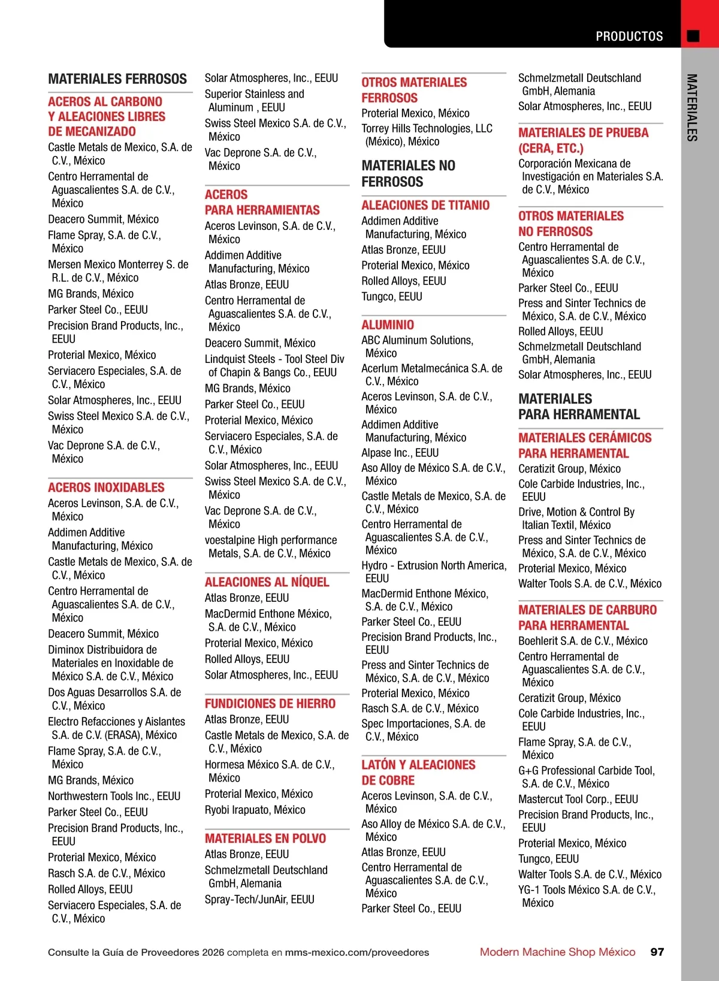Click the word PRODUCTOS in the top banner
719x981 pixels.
coord(629,37)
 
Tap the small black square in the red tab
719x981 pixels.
coord(693,36)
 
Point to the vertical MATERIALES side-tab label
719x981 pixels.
coord(692,108)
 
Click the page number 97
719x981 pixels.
coord(657,952)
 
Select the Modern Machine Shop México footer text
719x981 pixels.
coord(557,952)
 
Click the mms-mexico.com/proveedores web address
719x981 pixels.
coord(357,952)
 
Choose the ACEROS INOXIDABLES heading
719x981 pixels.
coord(106,488)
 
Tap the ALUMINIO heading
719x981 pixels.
coord(388,325)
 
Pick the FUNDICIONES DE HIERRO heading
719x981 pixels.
coord(270,704)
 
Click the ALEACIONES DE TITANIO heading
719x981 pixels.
coord(425,205)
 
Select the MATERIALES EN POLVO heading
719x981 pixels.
coord(265,838)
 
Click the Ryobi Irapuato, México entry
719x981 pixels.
coord(255,810)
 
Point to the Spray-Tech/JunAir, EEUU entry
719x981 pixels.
coord(259,899)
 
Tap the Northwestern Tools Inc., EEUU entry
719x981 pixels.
coord(114,796)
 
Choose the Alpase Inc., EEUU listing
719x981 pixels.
coord(400,453)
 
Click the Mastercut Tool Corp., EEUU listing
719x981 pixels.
coord(578,799)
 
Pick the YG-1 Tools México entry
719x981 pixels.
coord(587,890)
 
